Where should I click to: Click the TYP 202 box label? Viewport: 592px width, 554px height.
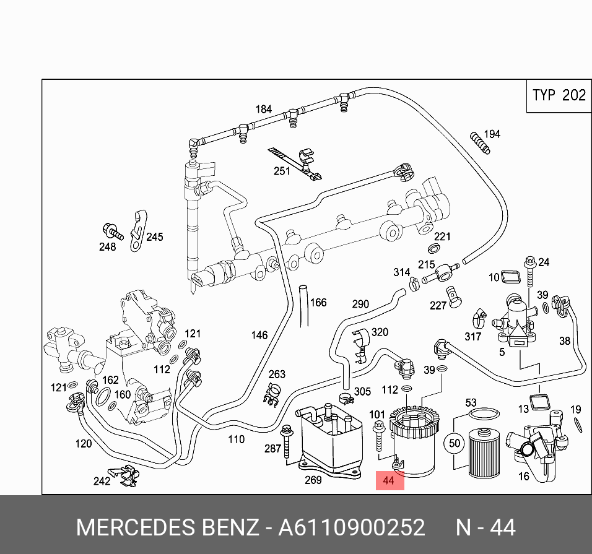(x=559, y=95)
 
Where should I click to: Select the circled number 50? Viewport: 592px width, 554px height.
(x=454, y=443)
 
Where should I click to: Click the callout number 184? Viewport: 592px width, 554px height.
(x=264, y=109)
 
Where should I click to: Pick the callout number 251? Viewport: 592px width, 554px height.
(x=282, y=171)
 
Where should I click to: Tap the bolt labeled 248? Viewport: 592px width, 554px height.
(x=113, y=231)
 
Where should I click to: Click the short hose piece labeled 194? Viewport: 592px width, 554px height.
(x=480, y=143)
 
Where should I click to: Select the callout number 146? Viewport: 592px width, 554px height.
(x=259, y=335)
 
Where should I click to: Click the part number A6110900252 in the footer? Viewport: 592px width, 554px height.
(x=352, y=527)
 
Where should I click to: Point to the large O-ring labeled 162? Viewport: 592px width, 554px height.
(x=103, y=396)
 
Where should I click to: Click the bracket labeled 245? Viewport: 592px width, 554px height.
(x=138, y=231)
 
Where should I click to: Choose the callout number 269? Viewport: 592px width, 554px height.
(x=313, y=480)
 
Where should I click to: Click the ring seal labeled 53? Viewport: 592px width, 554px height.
(x=484, y=414)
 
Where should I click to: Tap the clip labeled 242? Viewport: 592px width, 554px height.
(x=124, y=476)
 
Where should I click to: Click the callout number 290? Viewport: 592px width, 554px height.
(x=360, y=304)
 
